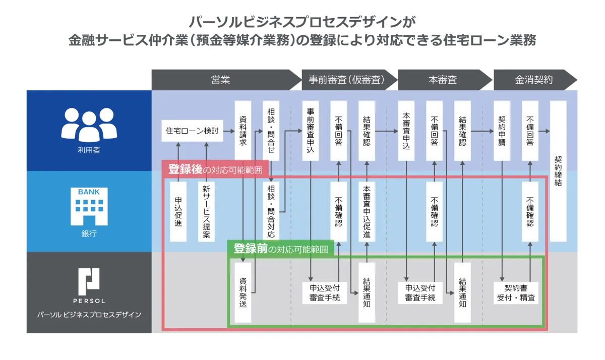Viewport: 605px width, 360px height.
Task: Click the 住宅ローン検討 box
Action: point(192,131)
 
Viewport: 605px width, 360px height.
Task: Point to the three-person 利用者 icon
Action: point(89,125)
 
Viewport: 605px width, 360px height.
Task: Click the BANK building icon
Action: point(89,207)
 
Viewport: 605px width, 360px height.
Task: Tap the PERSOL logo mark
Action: point(89,282)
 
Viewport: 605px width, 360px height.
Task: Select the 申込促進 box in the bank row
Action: point(178,212)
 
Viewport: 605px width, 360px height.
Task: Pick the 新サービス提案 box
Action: point(206,212)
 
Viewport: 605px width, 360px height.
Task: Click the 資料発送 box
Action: point(243,292)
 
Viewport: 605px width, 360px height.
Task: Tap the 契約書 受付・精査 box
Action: point(516,293)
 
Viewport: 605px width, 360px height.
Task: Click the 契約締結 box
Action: point(558,171)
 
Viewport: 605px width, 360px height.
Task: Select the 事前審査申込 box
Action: point(311,131)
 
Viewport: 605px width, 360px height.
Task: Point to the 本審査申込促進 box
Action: point(367,212)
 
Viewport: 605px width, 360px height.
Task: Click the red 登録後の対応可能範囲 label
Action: point(215,169)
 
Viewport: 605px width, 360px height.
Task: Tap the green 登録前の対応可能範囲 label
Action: point(281,249)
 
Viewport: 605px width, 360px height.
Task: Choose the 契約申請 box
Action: point(502,131)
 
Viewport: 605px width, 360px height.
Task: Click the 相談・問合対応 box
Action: point(271,212)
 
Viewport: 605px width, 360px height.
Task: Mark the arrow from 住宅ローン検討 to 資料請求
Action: point(229,131)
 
